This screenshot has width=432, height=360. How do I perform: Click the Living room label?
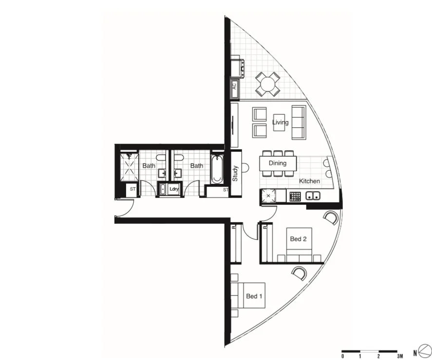pyautogui.click(x=281, y=123)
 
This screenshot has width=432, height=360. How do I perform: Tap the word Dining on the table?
pyautogui.click(x=277, y=163)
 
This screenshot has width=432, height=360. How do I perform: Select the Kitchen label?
pyautogui.click(x=309, y=181)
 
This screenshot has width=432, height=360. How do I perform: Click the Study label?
pyautogui.click(x=235, y=174)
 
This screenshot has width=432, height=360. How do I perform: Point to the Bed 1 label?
pyautogui.click(x=254, y=296)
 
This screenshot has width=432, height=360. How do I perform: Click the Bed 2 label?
pyautogui.click(x=298, y=239)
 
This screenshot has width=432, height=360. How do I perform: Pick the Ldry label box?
pyautogui.click(x=174, y=189)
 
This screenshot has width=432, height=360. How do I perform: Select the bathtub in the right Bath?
pyautogui.click(x=217, y=169)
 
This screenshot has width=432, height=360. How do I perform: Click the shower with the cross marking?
pyautogui.click(x=130, y=167)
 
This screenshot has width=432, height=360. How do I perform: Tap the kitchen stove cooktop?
pyautogui.click(x=295, y=197)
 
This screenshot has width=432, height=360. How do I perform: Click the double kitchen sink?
pyautogui.click(x=313, y=197)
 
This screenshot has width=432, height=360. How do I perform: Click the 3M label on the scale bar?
pyautogui.click(x=400, y=357)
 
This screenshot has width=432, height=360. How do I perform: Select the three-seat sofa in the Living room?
pyautogui.click(x=298, y=122)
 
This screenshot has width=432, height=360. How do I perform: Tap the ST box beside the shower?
pyautogui.click(x=132, y=190)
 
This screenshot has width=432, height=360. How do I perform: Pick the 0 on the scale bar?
pyautogui.click(x=342, y=357)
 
